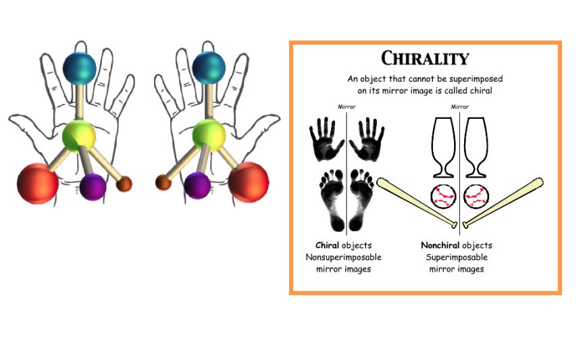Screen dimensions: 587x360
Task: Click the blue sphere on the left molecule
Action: (79, 69)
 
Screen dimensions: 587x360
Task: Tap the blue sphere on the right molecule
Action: (209, 68)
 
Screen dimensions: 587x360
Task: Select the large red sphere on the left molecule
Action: (38, 183)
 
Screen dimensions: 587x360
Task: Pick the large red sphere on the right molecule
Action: (249, 182)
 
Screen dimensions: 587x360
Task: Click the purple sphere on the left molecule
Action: (93, 186)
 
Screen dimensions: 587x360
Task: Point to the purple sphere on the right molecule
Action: (197, 186)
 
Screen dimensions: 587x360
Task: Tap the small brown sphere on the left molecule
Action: (124, 184)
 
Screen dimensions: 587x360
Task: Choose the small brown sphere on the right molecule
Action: (163, 182)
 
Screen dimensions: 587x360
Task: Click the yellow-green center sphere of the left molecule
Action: (79, 136)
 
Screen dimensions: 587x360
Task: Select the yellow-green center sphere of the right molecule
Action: (209, 136)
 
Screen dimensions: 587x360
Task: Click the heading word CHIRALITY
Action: (425, 58)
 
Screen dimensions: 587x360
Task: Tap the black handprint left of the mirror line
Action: (326, 139)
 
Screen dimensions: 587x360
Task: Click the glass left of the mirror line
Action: (443, 147)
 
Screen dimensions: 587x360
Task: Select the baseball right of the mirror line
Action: (476, 197)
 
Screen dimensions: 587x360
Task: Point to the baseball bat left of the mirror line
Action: (417, 203)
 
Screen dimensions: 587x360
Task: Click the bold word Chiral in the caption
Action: (327, 245)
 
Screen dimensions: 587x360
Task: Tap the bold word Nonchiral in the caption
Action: (440, 245)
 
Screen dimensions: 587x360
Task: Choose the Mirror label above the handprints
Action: (347, 107)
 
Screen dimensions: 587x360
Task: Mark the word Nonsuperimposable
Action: (344, 257)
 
